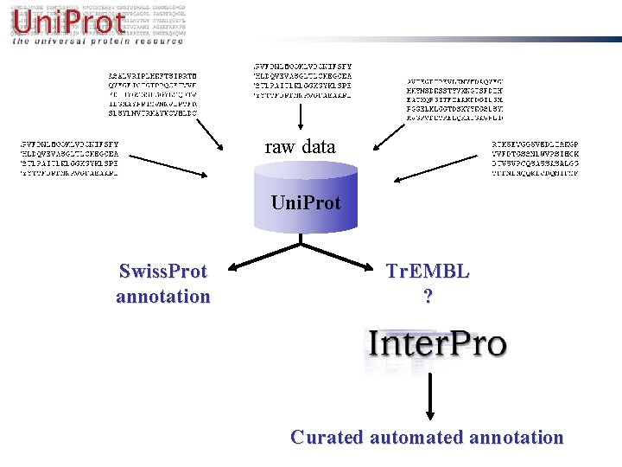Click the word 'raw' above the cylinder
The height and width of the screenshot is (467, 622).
coord(280,147)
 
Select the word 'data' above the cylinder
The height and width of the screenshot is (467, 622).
coord(319,147)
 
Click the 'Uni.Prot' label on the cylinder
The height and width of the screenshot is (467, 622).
coord(306,203)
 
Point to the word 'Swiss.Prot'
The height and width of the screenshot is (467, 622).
coord(163,272)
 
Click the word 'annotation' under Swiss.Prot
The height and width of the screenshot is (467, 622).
coord(163,297)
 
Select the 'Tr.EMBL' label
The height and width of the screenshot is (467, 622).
coord(428,272)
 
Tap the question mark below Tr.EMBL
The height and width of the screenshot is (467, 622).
coord(428,297)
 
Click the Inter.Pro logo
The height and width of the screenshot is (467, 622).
coord(437,344)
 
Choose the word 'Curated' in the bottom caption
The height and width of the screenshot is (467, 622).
coord(327,438)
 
